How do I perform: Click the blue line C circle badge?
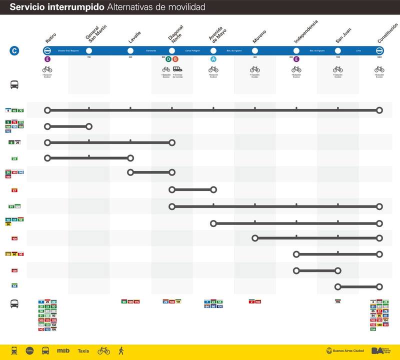point(15,50)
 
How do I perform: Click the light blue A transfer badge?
point(213,59)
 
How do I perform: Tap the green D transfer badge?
point(168,59)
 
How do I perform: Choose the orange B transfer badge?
point(175,59)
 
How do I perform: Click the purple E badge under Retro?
point(47,59)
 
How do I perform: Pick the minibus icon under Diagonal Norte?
point(178,69)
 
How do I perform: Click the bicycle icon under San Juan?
point(338,69)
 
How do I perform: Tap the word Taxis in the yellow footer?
point(83,351)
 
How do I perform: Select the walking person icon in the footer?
point(120,350)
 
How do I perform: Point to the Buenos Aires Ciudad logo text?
point(344,351)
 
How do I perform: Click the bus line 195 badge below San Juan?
point(337,301)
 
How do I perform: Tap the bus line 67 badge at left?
point(13,190)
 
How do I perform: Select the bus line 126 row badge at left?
point(14,270)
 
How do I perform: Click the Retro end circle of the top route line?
point(47,110)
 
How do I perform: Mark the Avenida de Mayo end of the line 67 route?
point(213,190)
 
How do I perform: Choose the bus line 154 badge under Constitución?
point(373,329)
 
